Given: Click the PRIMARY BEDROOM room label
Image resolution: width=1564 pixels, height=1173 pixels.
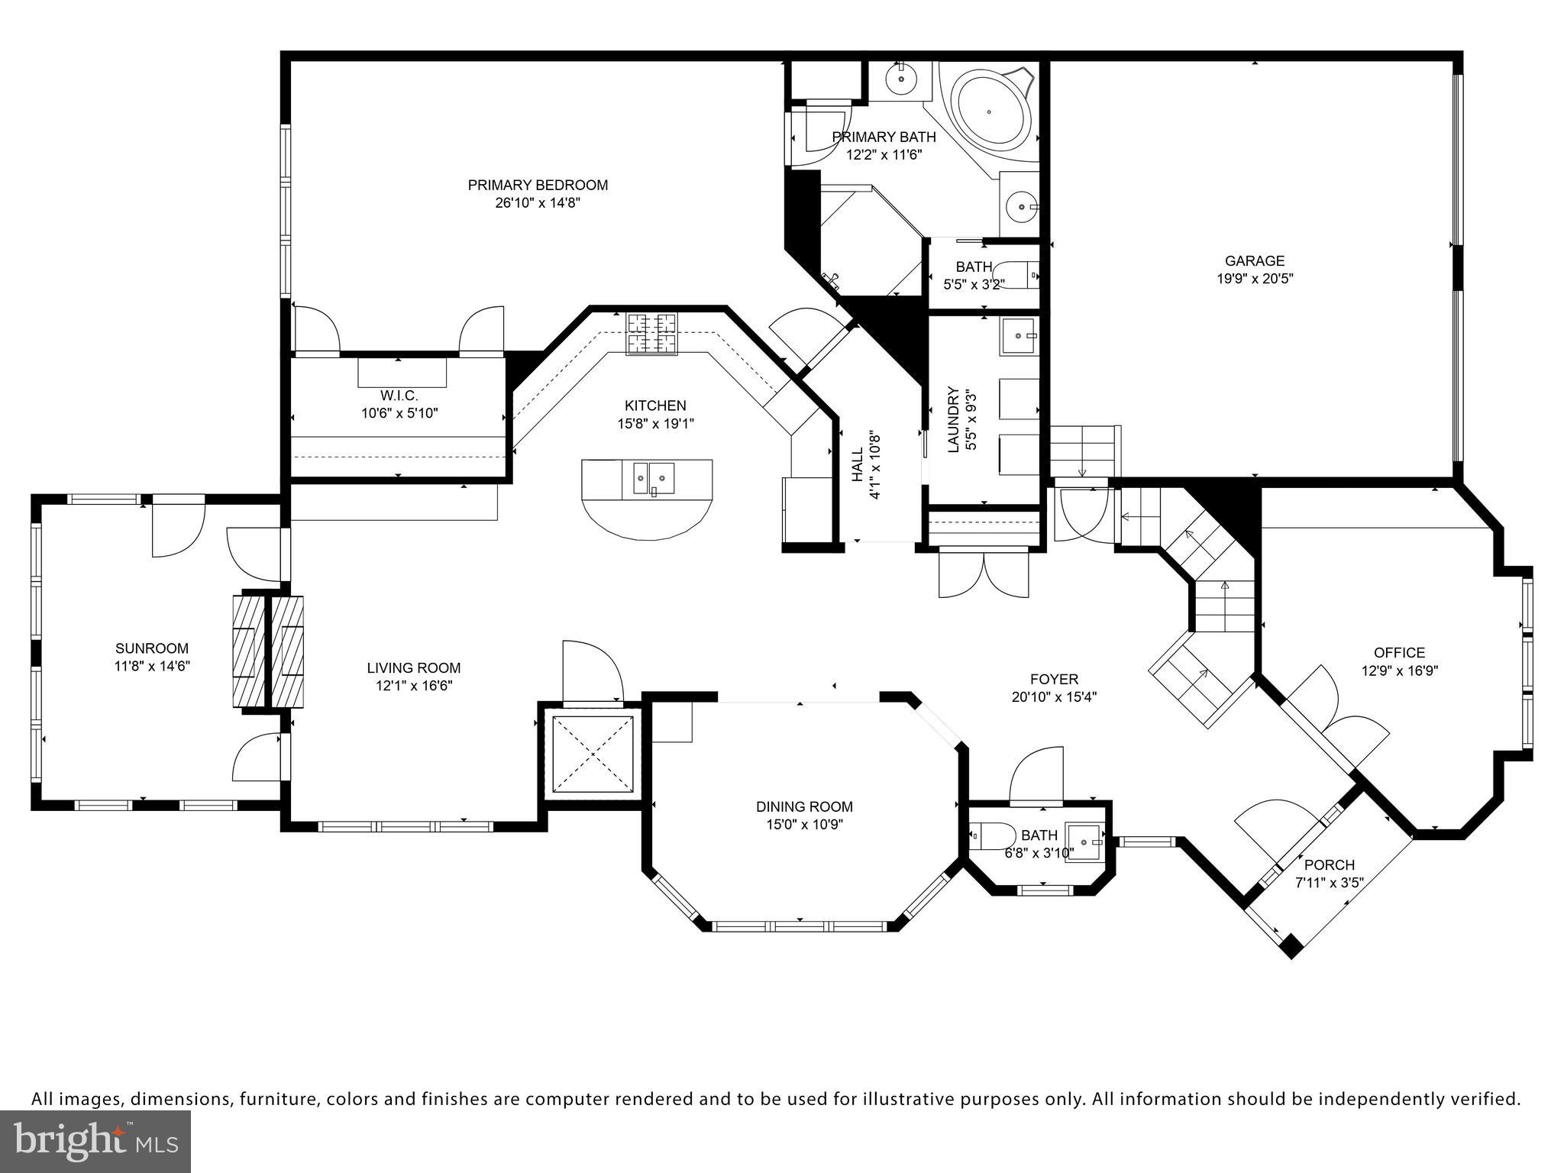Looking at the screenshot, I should tap(538, 185).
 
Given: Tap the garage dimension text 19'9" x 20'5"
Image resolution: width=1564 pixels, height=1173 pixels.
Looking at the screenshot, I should tap(1255, 279).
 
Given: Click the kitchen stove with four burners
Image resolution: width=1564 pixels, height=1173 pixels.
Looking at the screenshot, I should tap(652, 334).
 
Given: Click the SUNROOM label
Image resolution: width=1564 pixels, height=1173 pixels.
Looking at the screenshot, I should tap(152, 648).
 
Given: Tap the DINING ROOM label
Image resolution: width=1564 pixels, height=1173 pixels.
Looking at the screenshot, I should tap(804, 806).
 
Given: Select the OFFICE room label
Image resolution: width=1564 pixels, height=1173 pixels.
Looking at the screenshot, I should tap(1399, 652).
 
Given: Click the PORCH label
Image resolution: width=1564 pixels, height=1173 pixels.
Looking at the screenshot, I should tap(1330, 864).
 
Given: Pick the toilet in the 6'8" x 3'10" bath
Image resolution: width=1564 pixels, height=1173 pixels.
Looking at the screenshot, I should tap(990, 836).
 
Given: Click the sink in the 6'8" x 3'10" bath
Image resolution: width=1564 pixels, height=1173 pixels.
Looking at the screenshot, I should tap(1085, 842).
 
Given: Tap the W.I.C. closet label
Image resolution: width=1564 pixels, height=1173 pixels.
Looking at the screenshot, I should tap(399, 396).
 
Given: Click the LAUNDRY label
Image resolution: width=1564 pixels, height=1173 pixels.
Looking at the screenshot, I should tap(953, 420).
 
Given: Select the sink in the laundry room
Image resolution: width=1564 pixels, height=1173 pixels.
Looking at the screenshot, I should tap(1019, 337).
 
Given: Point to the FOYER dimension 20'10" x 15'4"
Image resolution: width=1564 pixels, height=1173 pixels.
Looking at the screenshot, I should tap(1054, 696).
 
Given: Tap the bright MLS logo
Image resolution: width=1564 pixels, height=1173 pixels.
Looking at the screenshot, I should tap(95, 1141).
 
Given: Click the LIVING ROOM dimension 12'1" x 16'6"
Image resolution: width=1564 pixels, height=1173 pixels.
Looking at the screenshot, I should tap(414, 686).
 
